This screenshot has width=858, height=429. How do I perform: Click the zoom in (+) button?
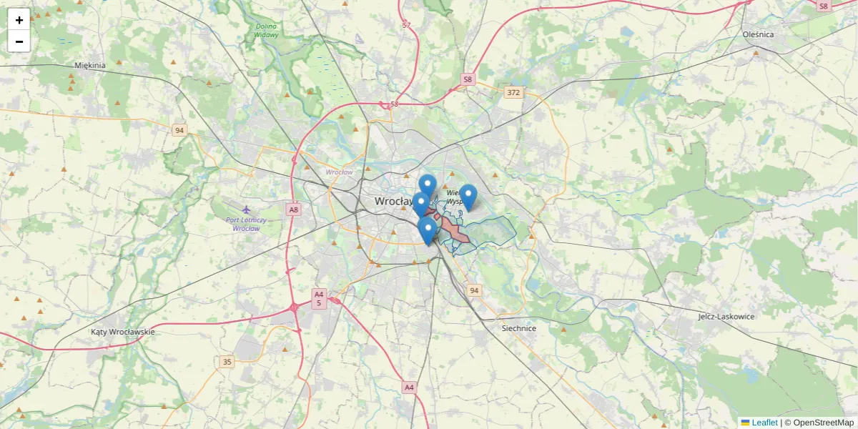pos(19,20)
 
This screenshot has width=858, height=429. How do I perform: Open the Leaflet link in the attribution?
pos(764,423)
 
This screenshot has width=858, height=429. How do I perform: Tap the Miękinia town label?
pos(90,65)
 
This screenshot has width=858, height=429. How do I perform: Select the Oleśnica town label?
pos(758,34)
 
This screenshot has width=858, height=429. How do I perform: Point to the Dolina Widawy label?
pos(267,31)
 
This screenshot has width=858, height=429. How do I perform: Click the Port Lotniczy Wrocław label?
pos(245,223)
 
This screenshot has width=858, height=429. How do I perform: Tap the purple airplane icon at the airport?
pos(246,209)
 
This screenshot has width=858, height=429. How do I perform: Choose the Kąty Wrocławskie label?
pos(123,332)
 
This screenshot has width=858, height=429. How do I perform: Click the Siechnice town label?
pos(519,328)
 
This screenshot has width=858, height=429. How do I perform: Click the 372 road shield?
pos(513,92)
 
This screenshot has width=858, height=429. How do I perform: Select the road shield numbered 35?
pos(227,362)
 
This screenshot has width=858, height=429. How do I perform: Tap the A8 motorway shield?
pos(293,209)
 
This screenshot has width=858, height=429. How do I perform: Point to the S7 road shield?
pos(406,25)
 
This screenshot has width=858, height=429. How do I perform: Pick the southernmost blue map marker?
pos(428,231)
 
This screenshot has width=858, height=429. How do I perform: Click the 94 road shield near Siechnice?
pos(473,290)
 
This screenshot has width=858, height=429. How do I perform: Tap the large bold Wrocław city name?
pos(393,202)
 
